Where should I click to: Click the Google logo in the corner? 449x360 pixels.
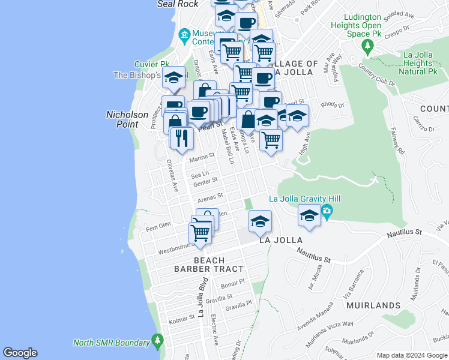coord(20,353)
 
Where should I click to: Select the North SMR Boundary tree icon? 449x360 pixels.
coord(157,341)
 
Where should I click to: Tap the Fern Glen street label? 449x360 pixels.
coord(158,225)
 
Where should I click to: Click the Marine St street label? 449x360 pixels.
coord(202,158)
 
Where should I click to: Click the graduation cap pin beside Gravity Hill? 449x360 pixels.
coord(309,216)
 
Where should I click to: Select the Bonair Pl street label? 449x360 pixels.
coord(234,283)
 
